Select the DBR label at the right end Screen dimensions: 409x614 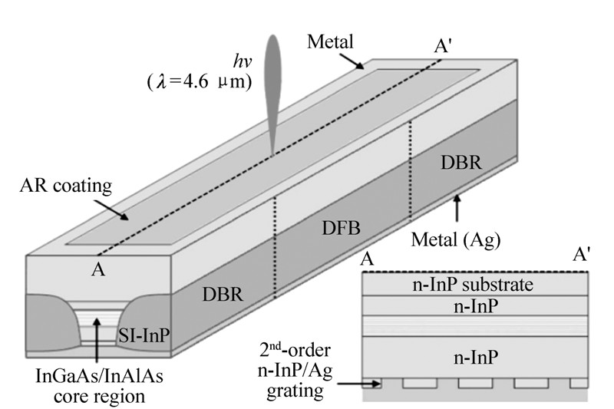[x=457, y=163]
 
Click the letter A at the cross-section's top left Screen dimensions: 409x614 [x=368, y=260]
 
